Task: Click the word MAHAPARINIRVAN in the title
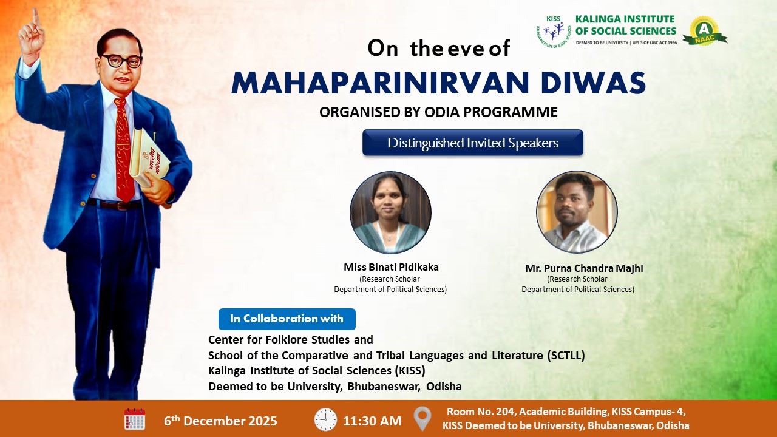coord(380,83)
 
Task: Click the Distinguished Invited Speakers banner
coord(473,143)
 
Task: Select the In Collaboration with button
coord(287,319)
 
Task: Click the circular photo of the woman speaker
coord(390,212)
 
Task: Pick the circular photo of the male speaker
coord(577,212)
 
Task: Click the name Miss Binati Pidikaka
coord(391,267)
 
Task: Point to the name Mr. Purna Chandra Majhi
coord(584,268)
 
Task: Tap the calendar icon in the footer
coord(135,419)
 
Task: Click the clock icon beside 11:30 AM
coord(325,419)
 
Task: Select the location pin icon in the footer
coord(422,419)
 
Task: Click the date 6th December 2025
coord(220,421)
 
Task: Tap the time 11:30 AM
coord(372,421)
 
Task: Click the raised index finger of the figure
coord(36,18)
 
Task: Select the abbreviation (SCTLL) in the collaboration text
coord(566,355)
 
